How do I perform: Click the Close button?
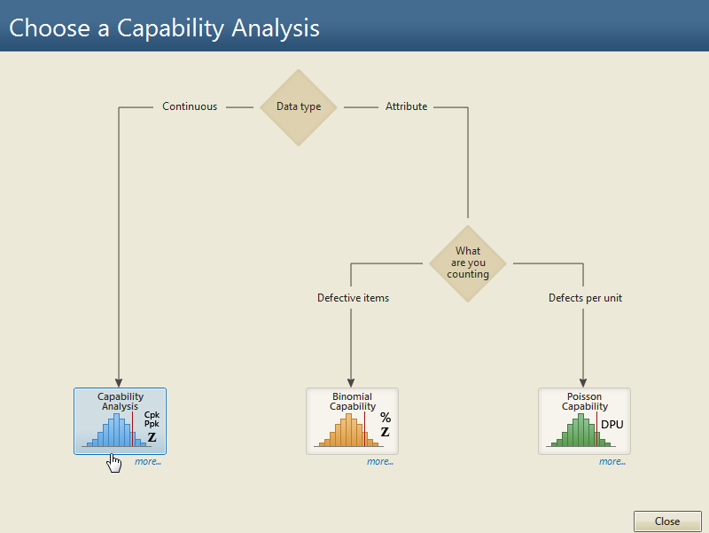tap(667, 521)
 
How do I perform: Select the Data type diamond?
tap(299, 107)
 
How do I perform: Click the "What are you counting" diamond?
tap(468, 263)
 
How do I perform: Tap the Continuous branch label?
tap(190, 106)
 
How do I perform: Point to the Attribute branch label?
tap(406, 106)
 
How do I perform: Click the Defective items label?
tap(353, 298)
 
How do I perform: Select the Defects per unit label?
tap(585, 298)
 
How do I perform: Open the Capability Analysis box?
tap(121, 420)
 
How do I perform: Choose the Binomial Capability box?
tap(352, 420)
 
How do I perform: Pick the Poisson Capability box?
tap(584, 420)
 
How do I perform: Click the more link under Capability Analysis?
tap(148, 461)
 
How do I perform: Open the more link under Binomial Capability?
tap(380, 461)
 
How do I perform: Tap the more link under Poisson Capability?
tap(612, 461)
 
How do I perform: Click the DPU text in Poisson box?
tap(612, 425)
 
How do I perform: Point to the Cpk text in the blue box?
tap(152, 415)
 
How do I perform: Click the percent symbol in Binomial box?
tap(386, 417)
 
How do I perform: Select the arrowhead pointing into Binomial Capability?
tap(351, 383)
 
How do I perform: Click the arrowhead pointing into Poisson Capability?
tap(583, 383)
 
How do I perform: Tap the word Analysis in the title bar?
tap(276, 28)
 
